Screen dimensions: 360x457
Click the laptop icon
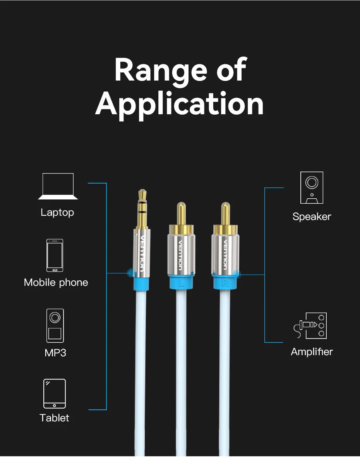point(58,186)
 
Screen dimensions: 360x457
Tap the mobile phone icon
point(55,256)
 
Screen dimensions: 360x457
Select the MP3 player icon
point(55,325)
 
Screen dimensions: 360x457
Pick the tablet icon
point(54,393)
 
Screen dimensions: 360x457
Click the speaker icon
point(312,188)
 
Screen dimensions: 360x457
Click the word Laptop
point(57,212)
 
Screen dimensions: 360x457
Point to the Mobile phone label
point(56,282)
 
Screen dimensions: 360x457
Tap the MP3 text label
point(55,352)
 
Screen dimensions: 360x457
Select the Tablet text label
point(55,418)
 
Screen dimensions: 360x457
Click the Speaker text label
point(312,216)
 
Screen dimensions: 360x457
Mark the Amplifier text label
point(312,352)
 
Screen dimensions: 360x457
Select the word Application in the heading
point(180,104)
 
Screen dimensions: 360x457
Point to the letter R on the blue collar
point(225,283)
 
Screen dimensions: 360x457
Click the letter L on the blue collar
point(181,283)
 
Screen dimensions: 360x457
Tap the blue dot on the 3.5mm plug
point(131,273)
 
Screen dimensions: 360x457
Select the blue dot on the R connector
point(237,275)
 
